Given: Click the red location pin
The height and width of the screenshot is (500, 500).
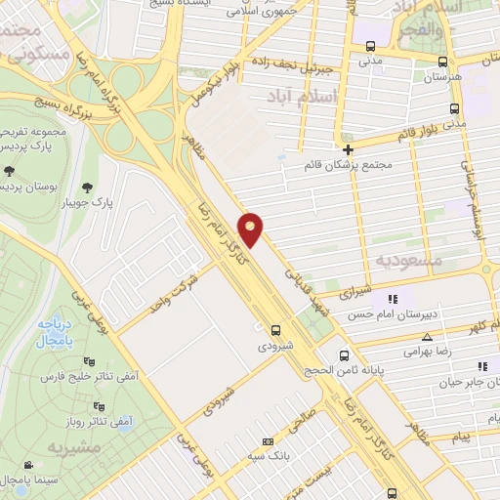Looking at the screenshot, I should pos(253,229).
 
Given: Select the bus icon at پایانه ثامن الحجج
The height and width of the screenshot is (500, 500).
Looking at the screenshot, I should pos(344,355).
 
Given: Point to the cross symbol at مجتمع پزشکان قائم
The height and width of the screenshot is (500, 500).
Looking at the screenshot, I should pos(347,149).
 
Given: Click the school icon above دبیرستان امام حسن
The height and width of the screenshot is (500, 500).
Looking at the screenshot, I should pos(393,299).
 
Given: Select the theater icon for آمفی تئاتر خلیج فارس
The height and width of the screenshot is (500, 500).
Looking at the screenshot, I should pos(92,359).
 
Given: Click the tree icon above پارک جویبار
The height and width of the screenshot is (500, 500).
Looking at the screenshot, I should pos(89,187).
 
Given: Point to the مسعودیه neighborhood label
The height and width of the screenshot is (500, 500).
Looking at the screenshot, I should pos(409,260).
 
